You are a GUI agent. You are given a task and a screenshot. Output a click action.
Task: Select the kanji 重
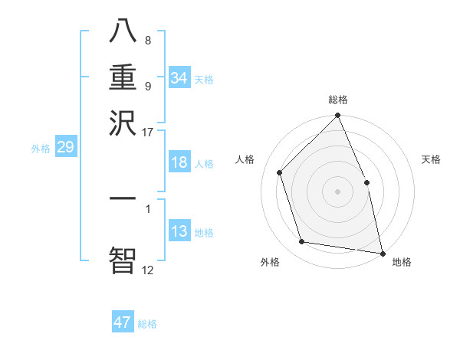(123, 77)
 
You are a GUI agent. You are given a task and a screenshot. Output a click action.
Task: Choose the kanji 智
(123, 258)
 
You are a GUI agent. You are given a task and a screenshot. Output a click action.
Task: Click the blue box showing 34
(179, 78)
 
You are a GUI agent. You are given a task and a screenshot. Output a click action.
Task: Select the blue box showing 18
(179, 162)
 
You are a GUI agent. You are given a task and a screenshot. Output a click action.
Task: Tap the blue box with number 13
(179, 231)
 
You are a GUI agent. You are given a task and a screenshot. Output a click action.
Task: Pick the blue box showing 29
(65, 147)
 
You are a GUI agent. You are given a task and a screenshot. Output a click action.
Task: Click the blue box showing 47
(123, 322)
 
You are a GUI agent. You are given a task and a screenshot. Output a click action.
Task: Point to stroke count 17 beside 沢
(148, 132)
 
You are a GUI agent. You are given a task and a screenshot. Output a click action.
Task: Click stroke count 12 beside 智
(147, 270)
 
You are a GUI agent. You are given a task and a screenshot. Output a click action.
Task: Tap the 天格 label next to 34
(204, 80)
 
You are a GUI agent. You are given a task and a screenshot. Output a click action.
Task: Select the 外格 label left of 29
(40, 149)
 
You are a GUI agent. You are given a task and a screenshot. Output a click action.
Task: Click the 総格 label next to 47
(148, 324)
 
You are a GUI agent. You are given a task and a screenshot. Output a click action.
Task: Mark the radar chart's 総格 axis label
(338, 100)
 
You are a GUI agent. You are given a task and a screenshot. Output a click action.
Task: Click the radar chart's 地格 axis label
(402, 263)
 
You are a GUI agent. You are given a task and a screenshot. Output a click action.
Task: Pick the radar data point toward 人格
(280, 172)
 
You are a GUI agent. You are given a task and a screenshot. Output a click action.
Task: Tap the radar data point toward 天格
(366, 182)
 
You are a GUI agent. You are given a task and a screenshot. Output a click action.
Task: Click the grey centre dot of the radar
(338, 191)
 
